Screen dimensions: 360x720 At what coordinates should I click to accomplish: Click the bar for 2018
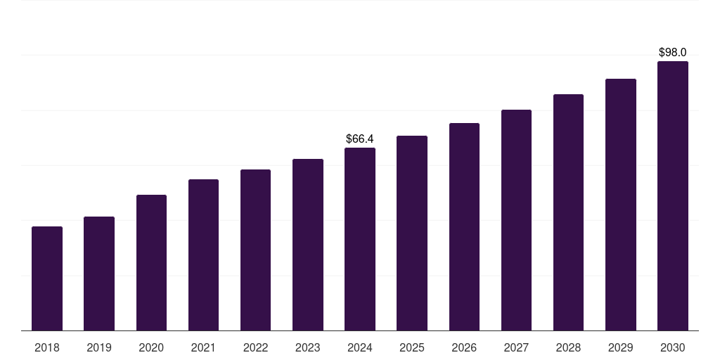pyautogui.click(x=47, y=278)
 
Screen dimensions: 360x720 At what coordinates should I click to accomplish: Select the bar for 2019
pyautogui.click(x=99, y=274)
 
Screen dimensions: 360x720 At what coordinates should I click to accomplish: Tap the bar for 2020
pyautogui.click(x=151, y=262)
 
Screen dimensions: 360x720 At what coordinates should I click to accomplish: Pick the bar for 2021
pyautogui.click(x=203, y=255)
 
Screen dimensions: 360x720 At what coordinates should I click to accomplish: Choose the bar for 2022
pyautogui.click(x=255, y=250)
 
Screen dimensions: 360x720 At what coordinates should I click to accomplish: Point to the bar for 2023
pyautogui.click(x=308, y=245)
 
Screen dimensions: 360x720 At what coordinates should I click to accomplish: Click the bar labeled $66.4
pyautogui.click(x=360, y=239)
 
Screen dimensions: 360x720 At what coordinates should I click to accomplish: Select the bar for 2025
pyautogui.click(x=412, y=233)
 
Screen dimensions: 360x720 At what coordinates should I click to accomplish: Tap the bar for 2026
pyautogui.click(x=464, y=226)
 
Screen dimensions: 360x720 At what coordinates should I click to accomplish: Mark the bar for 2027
pyautogui.click(x=516, y=220)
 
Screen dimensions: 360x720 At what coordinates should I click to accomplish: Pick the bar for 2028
pyautogui.click(x=568, y=212)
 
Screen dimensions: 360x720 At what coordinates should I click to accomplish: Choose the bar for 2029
pyautogui.click(x=620, y=205)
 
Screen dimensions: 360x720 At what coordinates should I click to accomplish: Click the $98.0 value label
pyautogui.click(x=672, y=53)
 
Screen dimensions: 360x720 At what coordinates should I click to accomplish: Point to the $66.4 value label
pyautogui.click(x=360, y=139)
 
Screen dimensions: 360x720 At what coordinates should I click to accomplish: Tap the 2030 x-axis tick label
pyautogui.click(x=672, y=347)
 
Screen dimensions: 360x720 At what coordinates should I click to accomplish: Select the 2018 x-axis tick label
pyautogui.click(x=47, y=347)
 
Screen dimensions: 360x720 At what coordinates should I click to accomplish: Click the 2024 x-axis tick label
pyautogui.click(x=360, y=347)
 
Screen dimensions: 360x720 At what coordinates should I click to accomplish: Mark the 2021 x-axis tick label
pyautogui.click(x=203, y=347)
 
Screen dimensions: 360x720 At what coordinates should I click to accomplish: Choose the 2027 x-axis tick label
pyautogui.click(x=516, y=347)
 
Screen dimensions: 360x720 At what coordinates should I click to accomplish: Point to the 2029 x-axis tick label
pyautogui.click(x=620, y=347)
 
